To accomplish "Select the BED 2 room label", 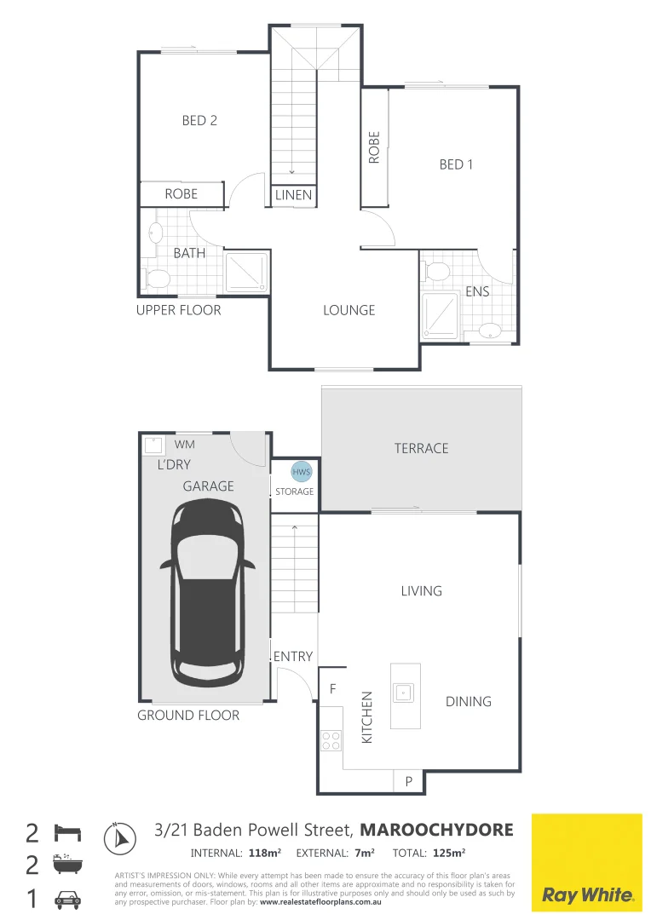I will (x=199, y=121).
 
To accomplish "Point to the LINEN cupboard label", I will (x=294, y=196).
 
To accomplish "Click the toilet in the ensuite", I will (x=437, y=272).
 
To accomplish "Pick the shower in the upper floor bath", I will (x=246, y=272).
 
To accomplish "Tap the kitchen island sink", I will (x=403, y=691).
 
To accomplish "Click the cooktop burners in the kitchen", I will (x=331, y=741).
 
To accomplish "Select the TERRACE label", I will (x=421, y=448).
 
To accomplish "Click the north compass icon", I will (x=119, y=837).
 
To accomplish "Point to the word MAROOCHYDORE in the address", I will (x=437, y=830).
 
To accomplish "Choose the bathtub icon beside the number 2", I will (x=67, y=865).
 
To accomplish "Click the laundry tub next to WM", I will (x=153, y=446).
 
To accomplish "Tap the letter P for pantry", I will (x=408, y=781).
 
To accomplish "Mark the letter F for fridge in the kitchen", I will (x=332, y=687).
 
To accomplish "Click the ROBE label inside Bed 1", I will (x=374, y=147).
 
